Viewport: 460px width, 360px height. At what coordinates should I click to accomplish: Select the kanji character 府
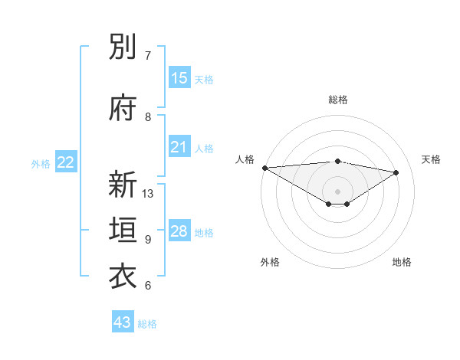tap(123, 109)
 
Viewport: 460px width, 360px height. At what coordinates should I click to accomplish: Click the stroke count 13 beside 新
tap(148, 194)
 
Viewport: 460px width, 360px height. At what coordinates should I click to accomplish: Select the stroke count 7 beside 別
tap(148, 56)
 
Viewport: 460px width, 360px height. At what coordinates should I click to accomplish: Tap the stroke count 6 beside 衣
tap(148, 286)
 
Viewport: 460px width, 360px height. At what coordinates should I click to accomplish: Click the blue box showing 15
tap(179, 77)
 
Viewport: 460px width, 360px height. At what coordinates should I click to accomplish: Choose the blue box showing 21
tap(179, 147)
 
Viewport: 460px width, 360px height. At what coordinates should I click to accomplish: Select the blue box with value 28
tap(179, 231)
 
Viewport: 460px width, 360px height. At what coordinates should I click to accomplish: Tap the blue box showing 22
tap(66, 162)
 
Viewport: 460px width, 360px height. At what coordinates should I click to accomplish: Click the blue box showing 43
tap(123, 322)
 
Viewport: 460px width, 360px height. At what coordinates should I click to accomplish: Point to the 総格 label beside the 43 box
tap(147, 324)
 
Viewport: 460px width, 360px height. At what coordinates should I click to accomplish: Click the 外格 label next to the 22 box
tap(41, 163)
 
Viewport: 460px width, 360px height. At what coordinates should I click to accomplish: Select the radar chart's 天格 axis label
tap(432, 159)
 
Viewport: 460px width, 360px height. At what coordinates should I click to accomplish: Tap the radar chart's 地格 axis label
tap(402, 263)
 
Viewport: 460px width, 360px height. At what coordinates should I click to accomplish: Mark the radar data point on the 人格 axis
tap(264, 167)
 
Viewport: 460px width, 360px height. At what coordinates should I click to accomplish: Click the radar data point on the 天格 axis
tap(396, 172)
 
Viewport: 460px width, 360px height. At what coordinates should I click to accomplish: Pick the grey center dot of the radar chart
tap(338, 189)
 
